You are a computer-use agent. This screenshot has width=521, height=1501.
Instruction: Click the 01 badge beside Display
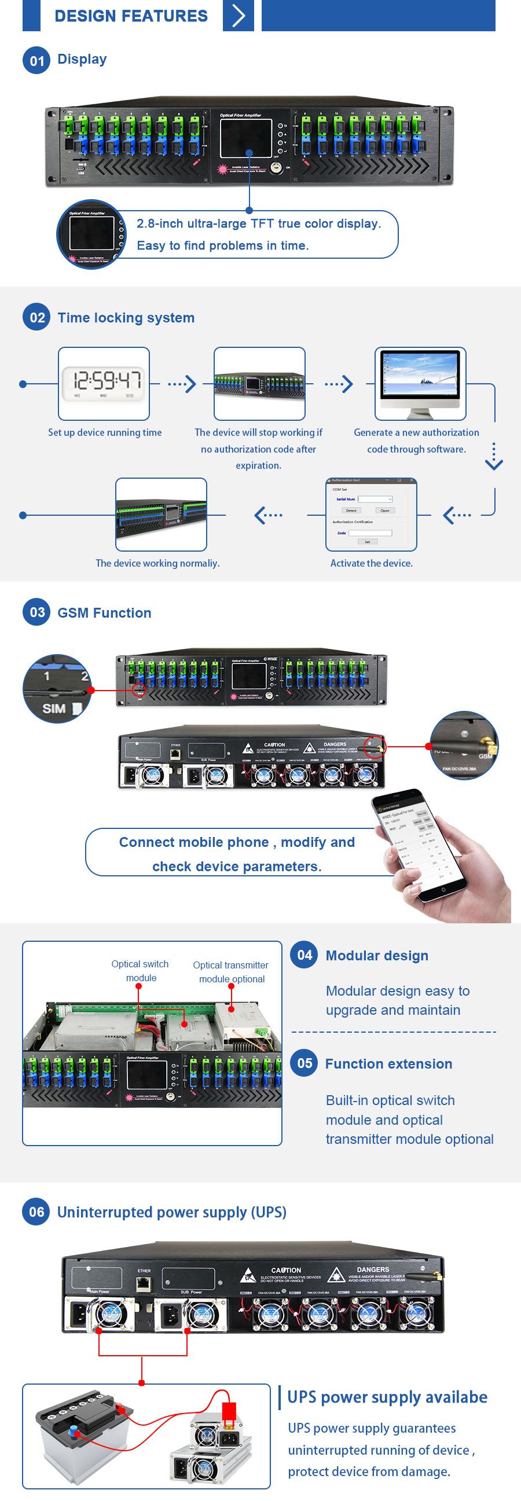36,60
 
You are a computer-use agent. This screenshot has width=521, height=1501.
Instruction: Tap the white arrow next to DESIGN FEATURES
239,15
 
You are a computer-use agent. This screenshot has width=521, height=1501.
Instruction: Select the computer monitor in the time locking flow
420,383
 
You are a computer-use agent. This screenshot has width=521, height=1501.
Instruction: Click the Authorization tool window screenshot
370,514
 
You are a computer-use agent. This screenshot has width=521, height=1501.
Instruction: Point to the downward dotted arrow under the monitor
494,457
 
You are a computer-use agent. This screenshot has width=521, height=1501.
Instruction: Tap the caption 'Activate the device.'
371,563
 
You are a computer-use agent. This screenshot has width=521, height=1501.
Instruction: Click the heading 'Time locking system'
126,318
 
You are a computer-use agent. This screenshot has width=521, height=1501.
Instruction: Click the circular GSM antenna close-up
464,745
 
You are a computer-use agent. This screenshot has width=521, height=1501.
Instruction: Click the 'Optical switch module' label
141,971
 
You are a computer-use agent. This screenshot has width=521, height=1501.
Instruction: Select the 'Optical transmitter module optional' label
231,972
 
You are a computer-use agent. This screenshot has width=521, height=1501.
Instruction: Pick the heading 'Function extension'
388,1063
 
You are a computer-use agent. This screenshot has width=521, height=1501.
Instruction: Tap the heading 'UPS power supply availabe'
387,1397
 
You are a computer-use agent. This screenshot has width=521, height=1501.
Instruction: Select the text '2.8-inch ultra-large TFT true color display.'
259,223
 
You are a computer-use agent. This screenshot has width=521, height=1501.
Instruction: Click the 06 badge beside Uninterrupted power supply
36,1212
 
